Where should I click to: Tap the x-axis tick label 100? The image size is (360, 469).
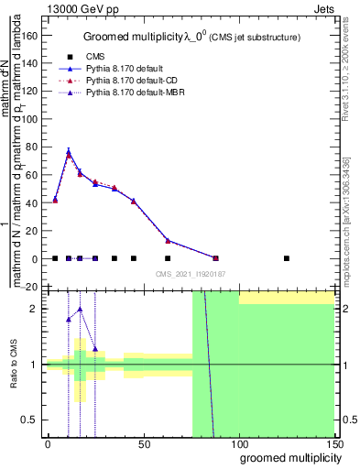[x=239, y=443]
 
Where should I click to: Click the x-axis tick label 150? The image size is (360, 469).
[x=334, y=443]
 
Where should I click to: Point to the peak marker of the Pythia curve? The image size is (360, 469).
[x=69, y=151]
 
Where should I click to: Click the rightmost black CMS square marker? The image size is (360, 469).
[x=287, y=258]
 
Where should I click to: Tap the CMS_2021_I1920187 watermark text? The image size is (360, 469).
[x=191, y=273]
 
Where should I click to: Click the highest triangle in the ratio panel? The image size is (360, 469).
[x=81, y=309]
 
